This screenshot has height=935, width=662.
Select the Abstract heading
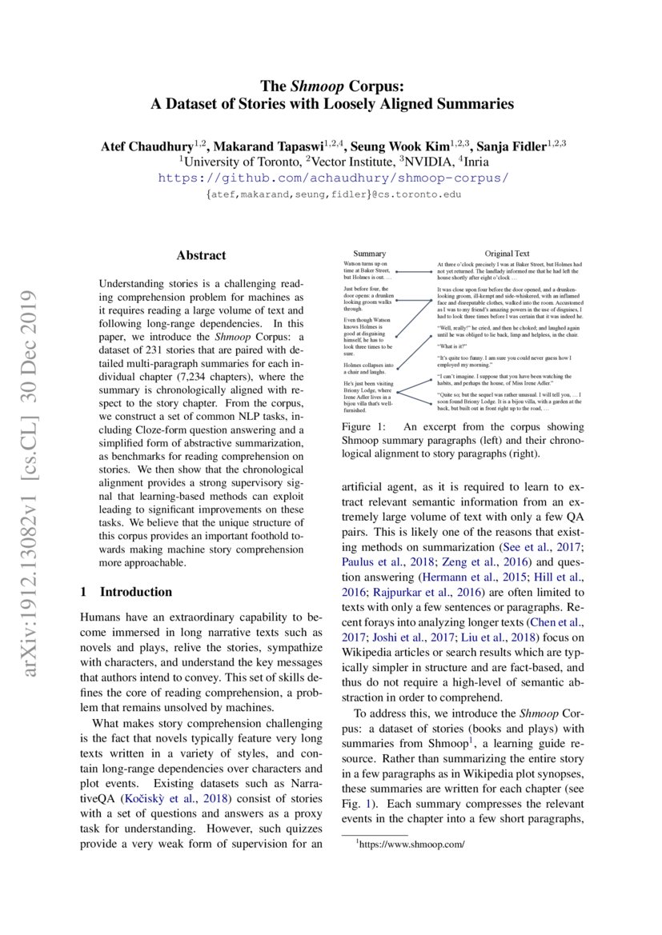click(x=201, y=256)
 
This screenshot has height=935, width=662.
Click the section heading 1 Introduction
click(x=126, y=592)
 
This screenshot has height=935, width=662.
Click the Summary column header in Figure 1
click(x=370, y=254)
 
